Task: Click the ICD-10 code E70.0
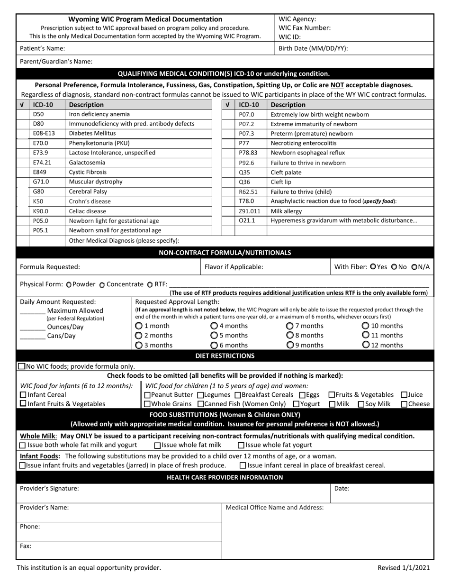click(41, 143)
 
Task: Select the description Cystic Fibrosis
click(88, 172)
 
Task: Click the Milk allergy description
click(286, 211)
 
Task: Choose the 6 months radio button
click(214, 345)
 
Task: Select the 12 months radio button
click(366, 345)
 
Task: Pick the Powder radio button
click(69, 284)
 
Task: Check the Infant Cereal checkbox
click(23, 395)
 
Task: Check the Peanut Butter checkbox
click(147, 395)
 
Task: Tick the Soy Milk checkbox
click(361, 404)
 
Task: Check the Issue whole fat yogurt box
click(241, 445)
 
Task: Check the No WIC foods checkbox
click(22, 366)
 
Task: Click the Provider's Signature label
click(49, 488)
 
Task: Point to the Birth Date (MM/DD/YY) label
click(313, 48)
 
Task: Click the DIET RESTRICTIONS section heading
click(225, 355)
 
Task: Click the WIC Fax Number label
click(305, 27)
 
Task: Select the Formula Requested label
click(50, 267)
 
